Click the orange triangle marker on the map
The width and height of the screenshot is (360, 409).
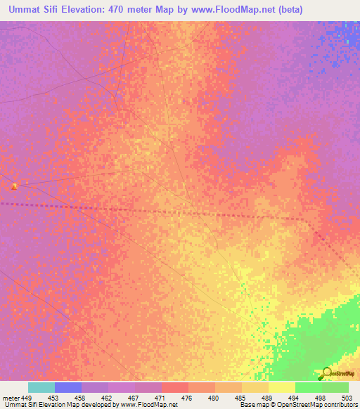14,186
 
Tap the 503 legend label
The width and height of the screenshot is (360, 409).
347,398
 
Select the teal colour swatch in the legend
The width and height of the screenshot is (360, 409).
41,387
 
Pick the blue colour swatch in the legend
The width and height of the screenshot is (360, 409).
67,387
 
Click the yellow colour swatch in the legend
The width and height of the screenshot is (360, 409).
281,387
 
